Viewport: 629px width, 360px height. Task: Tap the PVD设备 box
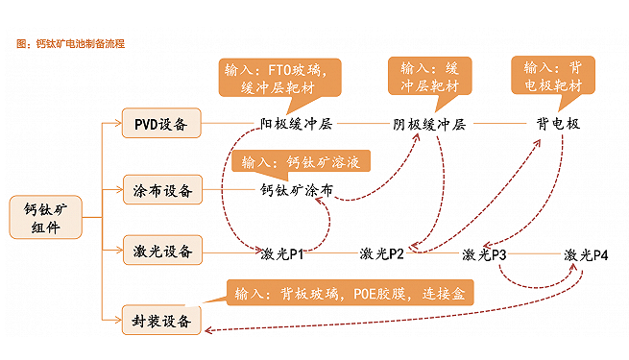pyautogui.click(x=160, y=124)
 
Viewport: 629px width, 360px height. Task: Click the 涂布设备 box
pyautogui.click(x=160, y=190)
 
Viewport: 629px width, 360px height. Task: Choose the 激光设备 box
pyautogui.click(x=160, y=252)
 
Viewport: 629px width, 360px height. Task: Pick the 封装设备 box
pyautogui.click(x=160, y=320)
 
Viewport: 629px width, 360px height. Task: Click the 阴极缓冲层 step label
pyautogui.click(x=429, y=125)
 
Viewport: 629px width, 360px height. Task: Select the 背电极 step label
pyautogui.click(x=558, y=125)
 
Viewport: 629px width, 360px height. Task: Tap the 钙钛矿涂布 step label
pyautogui.click(x=297, y=190)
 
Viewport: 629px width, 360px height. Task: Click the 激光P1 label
pyautogui.click(x=282, y=254)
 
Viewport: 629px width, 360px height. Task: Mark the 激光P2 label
pyautogui.click(x=381, y=254)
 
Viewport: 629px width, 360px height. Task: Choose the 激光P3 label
pyautogui.click(x=484, y=254)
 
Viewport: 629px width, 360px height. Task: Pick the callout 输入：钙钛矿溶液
pyautogui.click(x=302, y=161)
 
